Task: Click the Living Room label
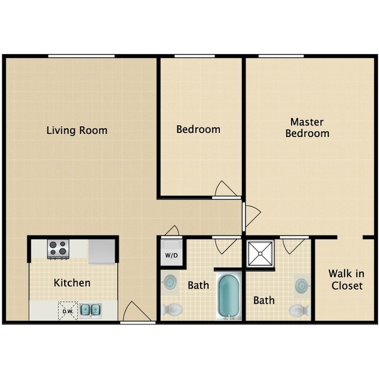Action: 77,130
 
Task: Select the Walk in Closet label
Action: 346,279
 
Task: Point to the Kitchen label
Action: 72,283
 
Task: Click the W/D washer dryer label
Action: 171,255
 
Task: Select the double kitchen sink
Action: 90,310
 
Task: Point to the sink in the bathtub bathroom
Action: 169,282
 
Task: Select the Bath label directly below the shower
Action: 264,300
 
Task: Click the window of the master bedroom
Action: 281,56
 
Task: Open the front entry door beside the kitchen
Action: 138,312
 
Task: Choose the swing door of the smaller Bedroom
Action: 226,190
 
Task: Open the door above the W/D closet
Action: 171,231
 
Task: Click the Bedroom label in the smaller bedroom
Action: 198,129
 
